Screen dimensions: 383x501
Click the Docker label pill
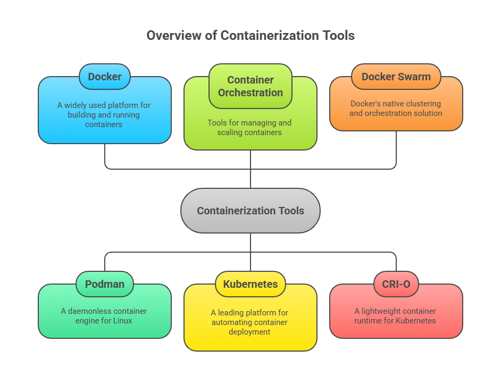coord(105,77)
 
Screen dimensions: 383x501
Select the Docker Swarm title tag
coord(396,77)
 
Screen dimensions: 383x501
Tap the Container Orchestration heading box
coord(250,86)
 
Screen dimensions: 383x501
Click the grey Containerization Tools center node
coord(250,211)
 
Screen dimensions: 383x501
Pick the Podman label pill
coord(105,284)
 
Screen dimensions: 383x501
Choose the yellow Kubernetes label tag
coord(250,284)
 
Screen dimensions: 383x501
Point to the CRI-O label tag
coord(396,284)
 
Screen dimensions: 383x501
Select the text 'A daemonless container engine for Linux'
coord(105,316)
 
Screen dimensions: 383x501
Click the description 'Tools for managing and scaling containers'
coord(250,127)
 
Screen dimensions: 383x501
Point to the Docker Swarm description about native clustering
coord(396,109)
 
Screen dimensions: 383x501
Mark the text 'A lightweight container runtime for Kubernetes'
coord(396,316)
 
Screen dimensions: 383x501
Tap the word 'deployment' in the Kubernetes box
coord(250,332)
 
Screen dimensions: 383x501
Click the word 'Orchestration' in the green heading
coord(250,93)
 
